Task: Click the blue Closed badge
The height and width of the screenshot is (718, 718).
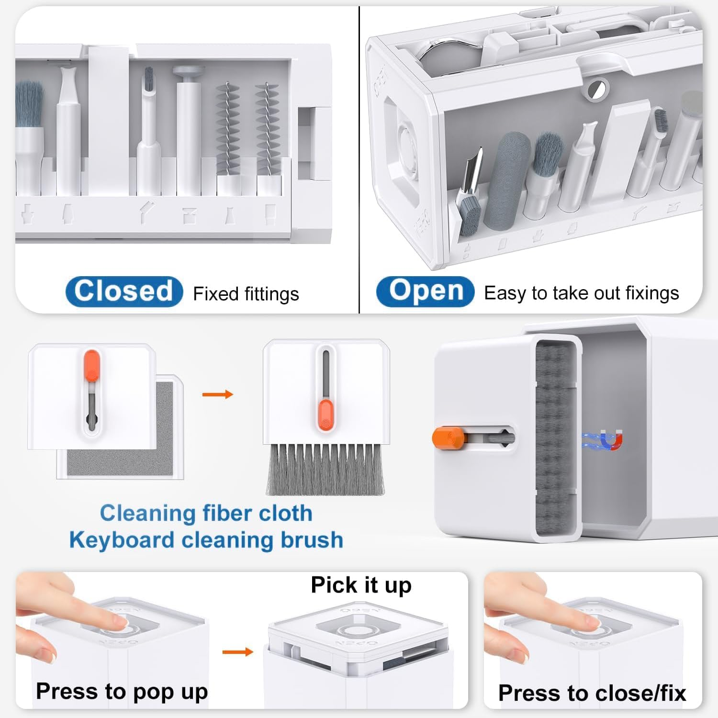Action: [124, 292]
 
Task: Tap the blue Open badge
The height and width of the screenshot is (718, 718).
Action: [425, 292]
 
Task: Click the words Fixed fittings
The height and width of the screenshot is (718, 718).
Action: [246, 294]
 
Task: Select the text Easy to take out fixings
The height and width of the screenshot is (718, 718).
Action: [582, 293]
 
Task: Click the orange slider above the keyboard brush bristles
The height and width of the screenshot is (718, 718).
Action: [325, 415]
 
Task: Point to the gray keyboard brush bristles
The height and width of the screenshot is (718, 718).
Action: [325, 469]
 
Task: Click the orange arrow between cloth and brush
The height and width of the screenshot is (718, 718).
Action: [218, 394]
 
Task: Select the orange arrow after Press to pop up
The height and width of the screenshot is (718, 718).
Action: [238, 652]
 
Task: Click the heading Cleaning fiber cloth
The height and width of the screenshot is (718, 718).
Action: [206, 513]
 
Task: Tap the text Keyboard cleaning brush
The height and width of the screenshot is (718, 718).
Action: [206, 540]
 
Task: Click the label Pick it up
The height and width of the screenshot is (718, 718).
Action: [361, 585]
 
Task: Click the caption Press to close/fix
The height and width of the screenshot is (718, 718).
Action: [592, 693]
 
